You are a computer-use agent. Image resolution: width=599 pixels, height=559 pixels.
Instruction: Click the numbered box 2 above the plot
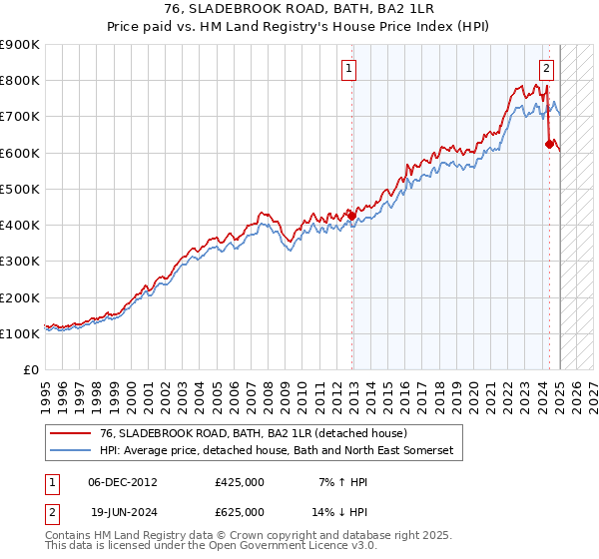pyautogui.click(x=547, y=69)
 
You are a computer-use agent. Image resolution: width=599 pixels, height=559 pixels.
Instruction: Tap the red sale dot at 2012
pyautogui.click(x=351, y=214)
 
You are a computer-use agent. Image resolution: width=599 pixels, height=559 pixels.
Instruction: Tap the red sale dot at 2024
pyautogui.click(x=549, y=144)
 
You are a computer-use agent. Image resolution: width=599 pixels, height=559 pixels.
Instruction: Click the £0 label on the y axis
pyautogui.click(x=30, y=370)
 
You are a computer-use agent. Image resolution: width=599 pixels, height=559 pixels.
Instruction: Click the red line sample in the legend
pyautogui.click(x=70, y=433)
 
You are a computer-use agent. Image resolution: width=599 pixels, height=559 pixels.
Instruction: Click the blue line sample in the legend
pyautogui.click(x=70, y=451)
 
